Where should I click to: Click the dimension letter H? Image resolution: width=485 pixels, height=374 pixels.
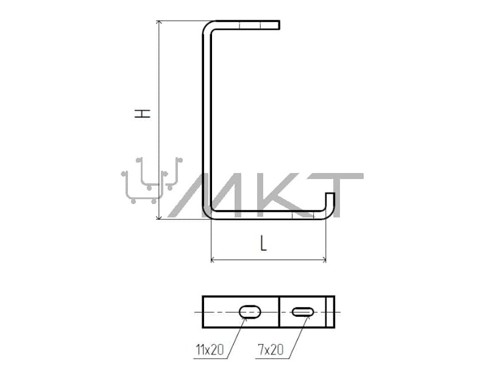pyautogui.click(x=143, y=113)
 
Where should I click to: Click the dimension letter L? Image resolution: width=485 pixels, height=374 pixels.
pyautogui.click(x=263, y=243)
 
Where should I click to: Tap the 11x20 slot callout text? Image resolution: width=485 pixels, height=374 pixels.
pyautogui.click(x=210, y=350)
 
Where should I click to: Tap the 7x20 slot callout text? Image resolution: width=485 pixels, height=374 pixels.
pyautogui.click(x=271, y=350)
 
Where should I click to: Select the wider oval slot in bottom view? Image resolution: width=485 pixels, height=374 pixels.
pyautogui.click(x=250, y=312)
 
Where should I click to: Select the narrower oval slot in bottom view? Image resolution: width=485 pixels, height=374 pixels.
pyautogui.click(x=303, y=312)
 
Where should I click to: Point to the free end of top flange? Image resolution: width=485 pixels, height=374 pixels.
pyautogui.click(x=279, y=25)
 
